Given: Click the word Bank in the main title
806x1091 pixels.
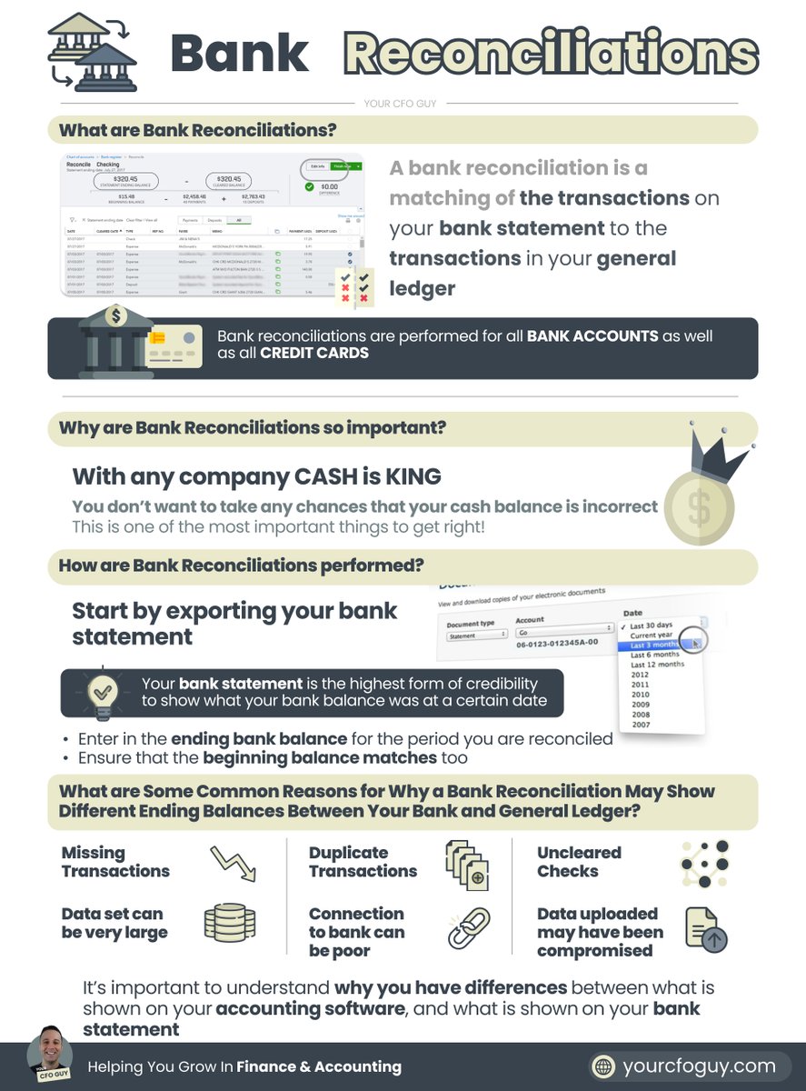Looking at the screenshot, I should point(239,54).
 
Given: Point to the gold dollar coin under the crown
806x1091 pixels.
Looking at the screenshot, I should point(699,510).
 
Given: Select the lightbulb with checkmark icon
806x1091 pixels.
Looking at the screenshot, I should point(100,695).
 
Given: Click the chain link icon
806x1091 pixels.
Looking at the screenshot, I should point(468,929).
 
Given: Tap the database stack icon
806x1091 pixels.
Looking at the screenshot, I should point(223,922).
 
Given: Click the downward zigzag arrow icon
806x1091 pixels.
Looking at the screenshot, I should point(233,863).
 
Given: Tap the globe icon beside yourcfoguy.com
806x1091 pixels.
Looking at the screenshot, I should point(602,1066).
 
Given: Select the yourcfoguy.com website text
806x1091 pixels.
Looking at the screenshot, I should point(699,1066).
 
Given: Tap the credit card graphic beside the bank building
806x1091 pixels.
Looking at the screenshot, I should point(174,345).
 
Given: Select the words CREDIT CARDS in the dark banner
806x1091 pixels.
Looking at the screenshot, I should point(313,353).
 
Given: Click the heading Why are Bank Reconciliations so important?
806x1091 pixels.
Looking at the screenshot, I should point(253,428).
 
